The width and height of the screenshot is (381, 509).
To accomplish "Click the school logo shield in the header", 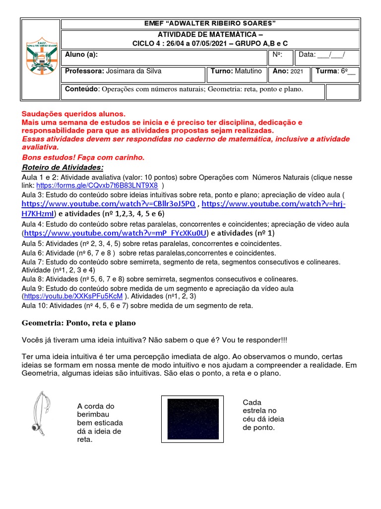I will click(40, 60).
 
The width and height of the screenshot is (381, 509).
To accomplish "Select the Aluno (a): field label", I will click(82, 55).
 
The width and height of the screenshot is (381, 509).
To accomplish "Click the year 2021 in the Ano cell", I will click(297, 72).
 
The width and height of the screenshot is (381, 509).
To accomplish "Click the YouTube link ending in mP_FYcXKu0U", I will click(115, 233).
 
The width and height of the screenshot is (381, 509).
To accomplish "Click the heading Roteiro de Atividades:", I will click(63, 167).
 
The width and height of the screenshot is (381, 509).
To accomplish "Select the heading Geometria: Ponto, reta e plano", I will click(78, 323).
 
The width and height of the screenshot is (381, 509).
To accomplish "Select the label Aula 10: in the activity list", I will click(34, 306).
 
